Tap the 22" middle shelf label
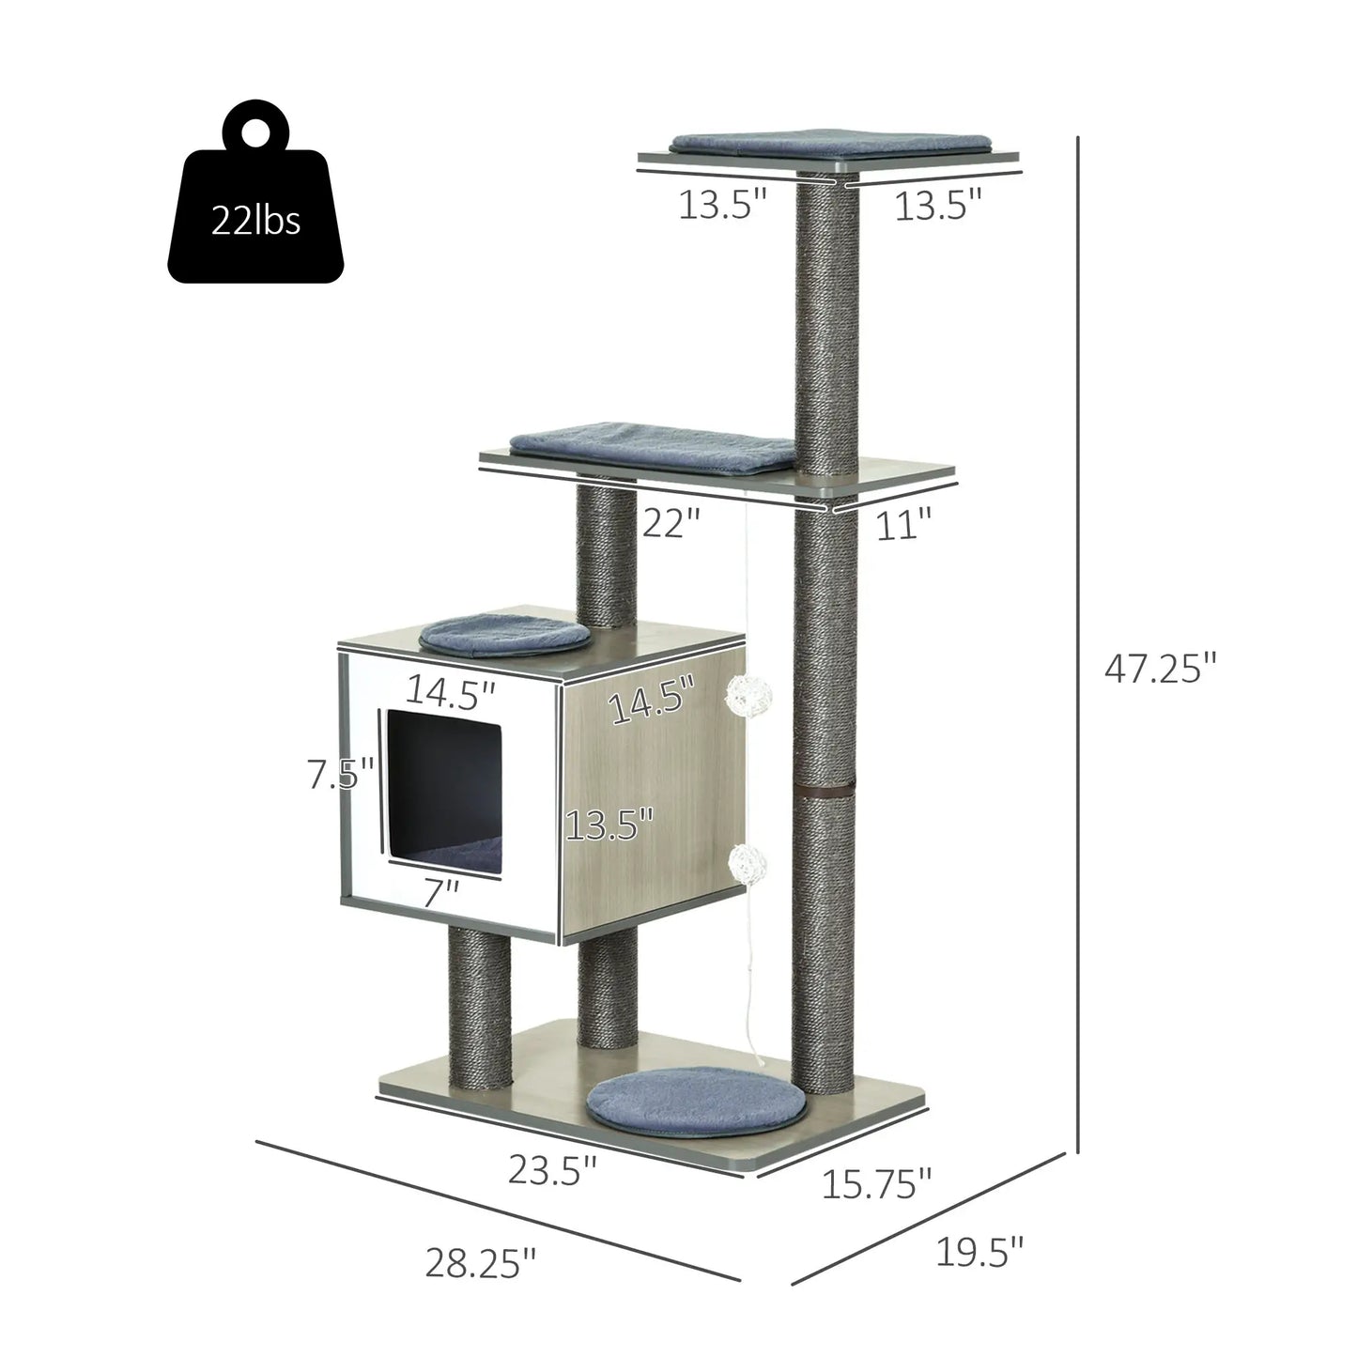[x=672, y=522]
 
